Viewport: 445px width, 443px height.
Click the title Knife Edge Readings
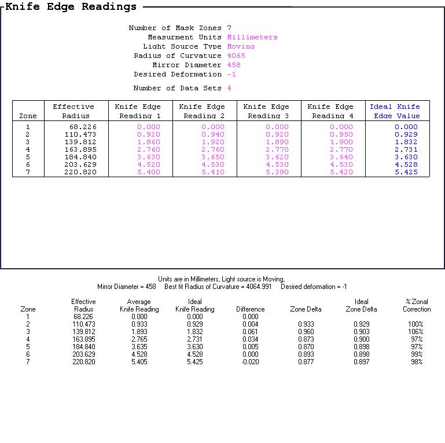[71, 7]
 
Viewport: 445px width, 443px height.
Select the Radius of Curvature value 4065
[236, 56]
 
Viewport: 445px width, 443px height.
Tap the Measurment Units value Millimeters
[252, 37]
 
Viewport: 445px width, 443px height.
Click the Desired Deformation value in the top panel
[231, 74]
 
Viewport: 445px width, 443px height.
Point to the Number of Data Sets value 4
[229, 88]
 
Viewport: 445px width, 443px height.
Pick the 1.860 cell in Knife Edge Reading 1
[148, 142]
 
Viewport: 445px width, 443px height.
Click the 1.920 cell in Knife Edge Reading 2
[212, 142]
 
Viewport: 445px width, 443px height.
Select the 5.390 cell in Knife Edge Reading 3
[277, 172]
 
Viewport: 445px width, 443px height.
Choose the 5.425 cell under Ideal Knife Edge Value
[406, 172]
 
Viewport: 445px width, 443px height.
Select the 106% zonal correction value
[415, 332]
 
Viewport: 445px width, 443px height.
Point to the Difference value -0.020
[249, 362]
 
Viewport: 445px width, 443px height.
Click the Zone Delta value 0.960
[306, 332]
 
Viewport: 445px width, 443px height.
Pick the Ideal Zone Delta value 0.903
[361, 332]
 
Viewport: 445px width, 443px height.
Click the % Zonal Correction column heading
[417, 305]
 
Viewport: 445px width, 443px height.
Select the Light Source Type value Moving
[241, 46]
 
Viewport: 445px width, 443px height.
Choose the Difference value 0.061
[250, 332]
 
